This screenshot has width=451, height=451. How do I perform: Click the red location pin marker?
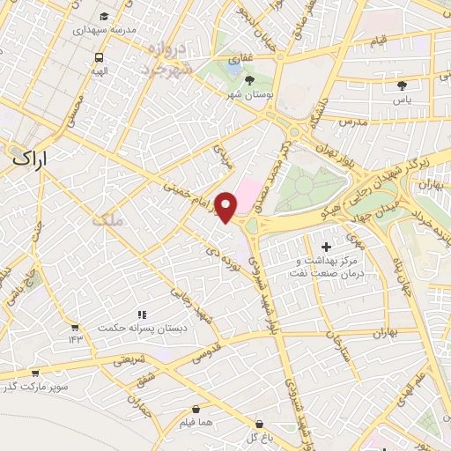226,206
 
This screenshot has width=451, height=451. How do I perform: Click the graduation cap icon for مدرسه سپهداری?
104,17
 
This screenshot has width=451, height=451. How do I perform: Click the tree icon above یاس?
403,85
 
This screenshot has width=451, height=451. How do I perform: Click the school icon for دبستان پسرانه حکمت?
141,314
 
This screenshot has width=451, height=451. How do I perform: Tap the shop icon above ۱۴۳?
74,326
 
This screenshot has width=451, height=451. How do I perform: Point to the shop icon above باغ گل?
258,424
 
